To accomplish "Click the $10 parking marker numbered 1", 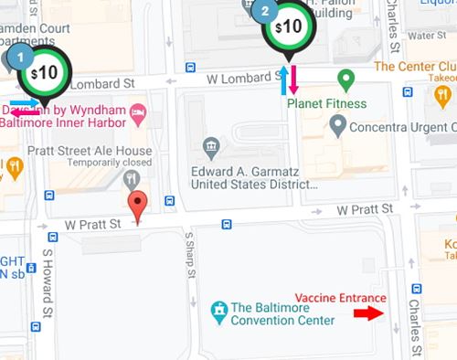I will pyautogui.click(x=44, y=72).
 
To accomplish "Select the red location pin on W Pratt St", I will pyautogui.click(x=137, y=205).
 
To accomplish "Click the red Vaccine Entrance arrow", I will pyautogui.click(x=367, y=313).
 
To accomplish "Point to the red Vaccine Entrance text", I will pyautogui.click(x=340, y=299).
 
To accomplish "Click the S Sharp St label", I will pyautogui.click(x=190, y=258).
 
